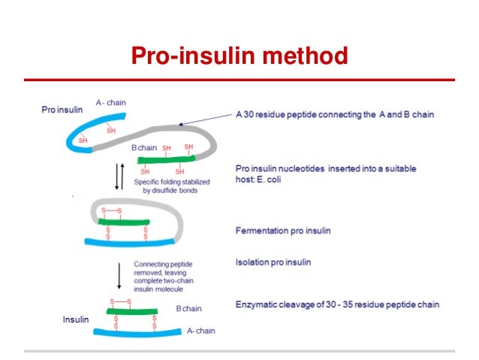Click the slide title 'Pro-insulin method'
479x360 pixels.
239,56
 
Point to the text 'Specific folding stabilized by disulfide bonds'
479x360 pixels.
172,186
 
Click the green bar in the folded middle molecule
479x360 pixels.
123,222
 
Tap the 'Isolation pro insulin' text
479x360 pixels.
273,262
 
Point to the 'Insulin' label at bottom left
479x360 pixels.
75,319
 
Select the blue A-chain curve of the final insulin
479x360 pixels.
139,331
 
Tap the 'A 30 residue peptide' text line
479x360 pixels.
334,115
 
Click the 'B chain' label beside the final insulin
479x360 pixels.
188,308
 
